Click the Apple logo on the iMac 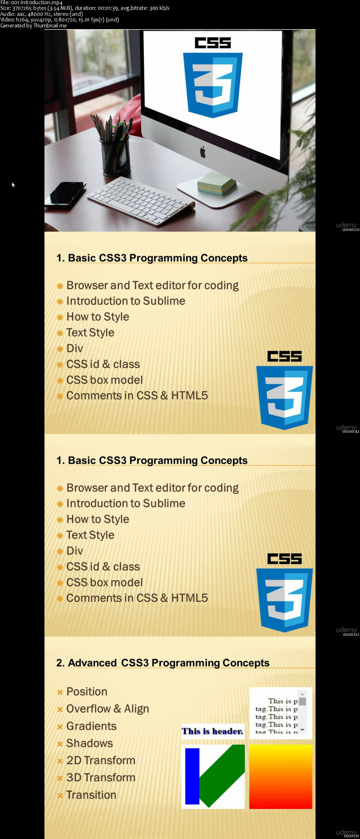coord(203,152)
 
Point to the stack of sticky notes coord(217,183)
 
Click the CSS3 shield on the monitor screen coord(213,85)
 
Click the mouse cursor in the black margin coord(13,185)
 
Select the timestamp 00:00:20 coord(351,230)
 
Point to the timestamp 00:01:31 coord(351,835)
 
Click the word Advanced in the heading coord(92,663)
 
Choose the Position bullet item coord(87,691)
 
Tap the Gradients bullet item coord(91,726)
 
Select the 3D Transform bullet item coord(101,777)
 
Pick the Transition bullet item coord(91,795)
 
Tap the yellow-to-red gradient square coord(281,776)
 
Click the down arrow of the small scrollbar coord(302,730)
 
